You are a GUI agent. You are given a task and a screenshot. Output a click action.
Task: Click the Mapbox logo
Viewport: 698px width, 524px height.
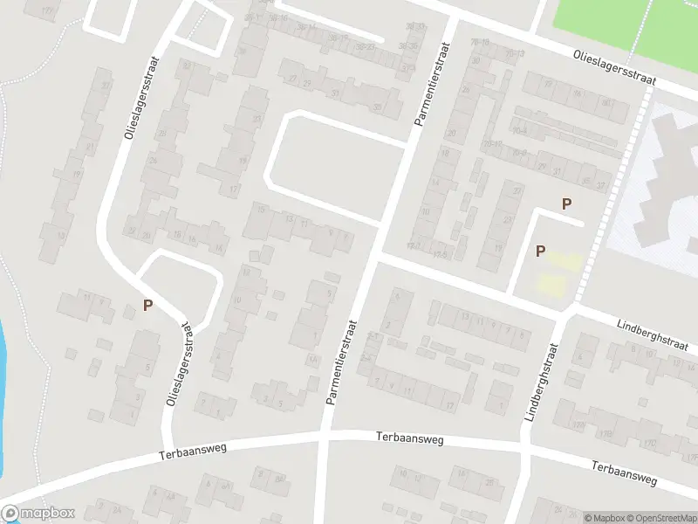(x=38, y=514)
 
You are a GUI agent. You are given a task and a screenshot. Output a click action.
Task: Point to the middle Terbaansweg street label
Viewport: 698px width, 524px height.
(x=409, y=438)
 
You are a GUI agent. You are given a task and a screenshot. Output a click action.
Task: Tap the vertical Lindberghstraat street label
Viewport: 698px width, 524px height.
(x=540, y=383)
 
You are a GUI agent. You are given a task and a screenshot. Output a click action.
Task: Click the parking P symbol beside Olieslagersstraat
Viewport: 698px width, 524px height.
(x=148, y=306)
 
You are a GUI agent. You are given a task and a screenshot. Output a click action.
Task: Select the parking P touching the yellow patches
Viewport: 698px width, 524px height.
(x=540, y=252)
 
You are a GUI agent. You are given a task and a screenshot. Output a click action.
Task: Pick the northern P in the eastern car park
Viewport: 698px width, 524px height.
(x=566, y=204)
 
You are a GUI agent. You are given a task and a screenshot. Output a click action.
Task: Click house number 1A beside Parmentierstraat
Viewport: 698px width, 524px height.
(x=311, y=359)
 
